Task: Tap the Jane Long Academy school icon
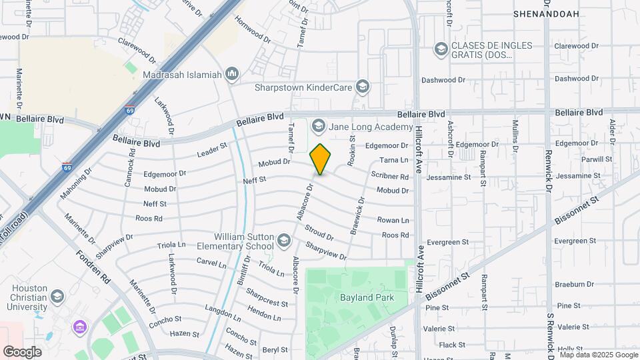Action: coord(318,127)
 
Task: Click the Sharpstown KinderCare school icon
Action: coord(362,87)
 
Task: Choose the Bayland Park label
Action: coord(367,297)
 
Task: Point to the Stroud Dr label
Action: coord(319,233)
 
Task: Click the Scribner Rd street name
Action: coord(389,177)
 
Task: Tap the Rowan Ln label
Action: coord(393,220)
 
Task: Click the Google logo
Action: coord(22,351)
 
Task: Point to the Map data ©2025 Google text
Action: coord(599,355)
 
